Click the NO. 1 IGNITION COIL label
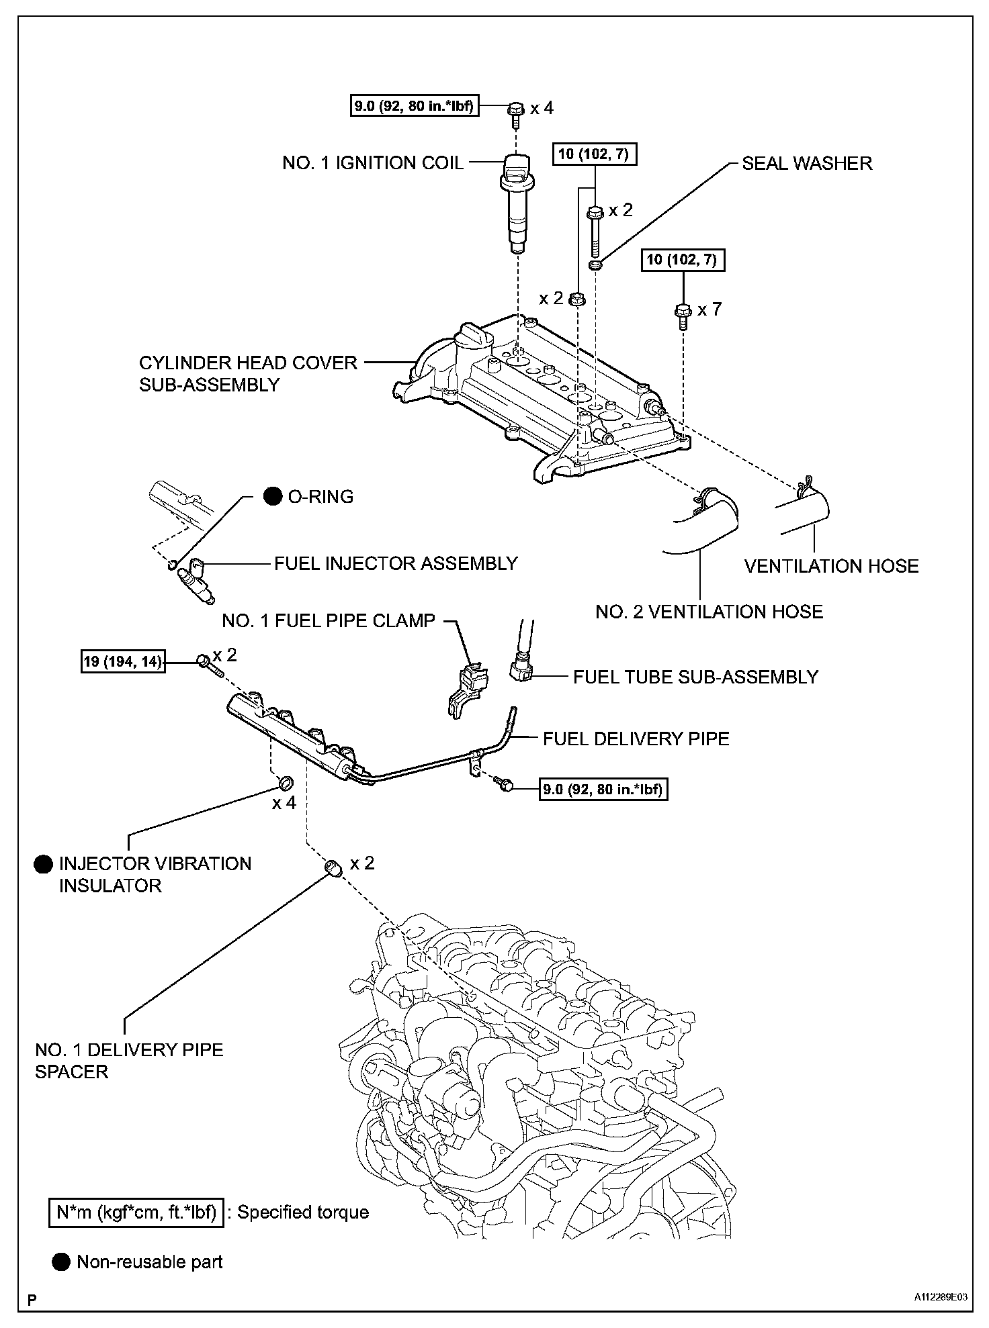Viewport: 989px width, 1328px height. pos(373,163)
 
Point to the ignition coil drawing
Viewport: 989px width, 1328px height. pos(515,205)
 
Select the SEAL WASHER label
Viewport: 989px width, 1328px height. pos(807,163)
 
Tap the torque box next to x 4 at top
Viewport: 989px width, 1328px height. pos(415,107)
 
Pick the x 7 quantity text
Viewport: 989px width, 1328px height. pos(709,310)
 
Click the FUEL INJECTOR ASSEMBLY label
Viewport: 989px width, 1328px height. pos(396,563)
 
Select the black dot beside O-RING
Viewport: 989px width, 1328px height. pos(273,497)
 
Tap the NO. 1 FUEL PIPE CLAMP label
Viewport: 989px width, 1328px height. pos(329,620)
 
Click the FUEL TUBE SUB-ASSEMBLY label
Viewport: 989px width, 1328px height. pos(695,677)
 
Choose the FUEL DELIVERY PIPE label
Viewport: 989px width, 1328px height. pos(636,739)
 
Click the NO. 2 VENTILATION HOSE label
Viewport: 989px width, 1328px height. pos(709,612)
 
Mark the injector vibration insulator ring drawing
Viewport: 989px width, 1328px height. pos(286,783)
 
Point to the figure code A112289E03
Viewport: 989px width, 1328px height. pos(940,1299)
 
